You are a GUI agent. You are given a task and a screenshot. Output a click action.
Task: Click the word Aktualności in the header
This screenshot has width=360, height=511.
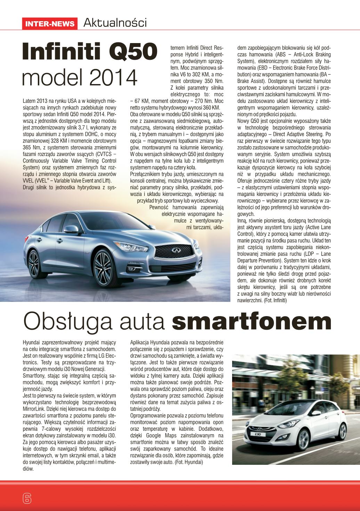coord(115,23)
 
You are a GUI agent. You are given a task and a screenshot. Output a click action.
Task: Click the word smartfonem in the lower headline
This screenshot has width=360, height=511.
coord(251,322)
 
